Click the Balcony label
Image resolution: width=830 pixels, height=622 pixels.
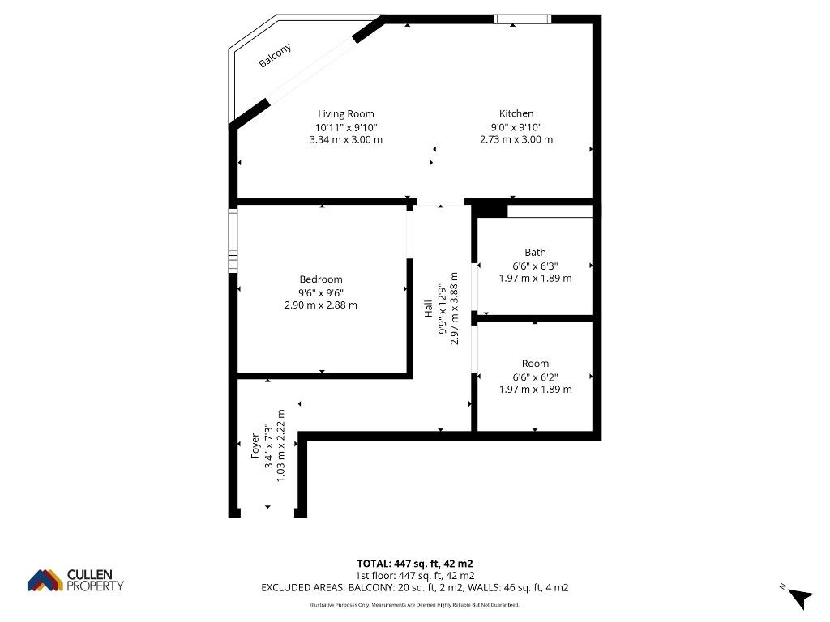tap(275, 56)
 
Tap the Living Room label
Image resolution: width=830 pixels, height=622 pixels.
tap(345, 113)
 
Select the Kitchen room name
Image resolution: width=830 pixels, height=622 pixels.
tap(516, 113)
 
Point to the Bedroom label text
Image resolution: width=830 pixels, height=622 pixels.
tap(321, 279)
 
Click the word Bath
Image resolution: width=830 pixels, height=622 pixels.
tap(535, 253)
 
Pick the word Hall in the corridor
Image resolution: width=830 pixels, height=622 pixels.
tap(428, 309)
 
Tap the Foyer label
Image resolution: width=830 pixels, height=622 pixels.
tap(255, 446)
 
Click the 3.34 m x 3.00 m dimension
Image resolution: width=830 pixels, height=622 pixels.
tap(345, 139)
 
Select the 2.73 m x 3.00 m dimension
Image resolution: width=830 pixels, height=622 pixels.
tap(516, 139)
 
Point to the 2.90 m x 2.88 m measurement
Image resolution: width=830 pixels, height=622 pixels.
tap(321, 305)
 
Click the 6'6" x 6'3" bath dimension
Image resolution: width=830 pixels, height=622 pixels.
tap(535, 266)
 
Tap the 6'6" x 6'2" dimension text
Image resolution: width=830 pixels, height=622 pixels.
tap(535, 377)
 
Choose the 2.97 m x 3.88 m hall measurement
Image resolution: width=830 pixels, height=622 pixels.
tap(454, 309)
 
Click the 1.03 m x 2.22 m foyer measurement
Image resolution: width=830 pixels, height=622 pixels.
tap(281, 445)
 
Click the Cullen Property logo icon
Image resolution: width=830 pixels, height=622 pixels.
tap(45, 580)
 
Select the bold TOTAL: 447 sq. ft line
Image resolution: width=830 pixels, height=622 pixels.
tap(415, 564)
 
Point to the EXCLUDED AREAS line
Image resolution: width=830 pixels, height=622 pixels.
tap(415, 588)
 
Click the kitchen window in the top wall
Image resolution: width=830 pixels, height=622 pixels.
tap(523, 19)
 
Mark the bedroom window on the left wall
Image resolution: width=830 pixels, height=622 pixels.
tap(233, 241)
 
